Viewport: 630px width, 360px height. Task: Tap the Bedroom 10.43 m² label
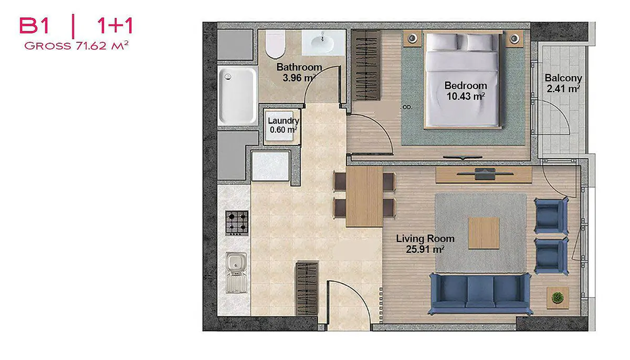point(466,91)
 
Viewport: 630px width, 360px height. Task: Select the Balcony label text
point(563,78)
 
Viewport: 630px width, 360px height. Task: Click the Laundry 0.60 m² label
point(283,125)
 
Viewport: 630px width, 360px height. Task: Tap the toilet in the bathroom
point(275,44)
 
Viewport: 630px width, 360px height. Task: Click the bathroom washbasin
point(323,43)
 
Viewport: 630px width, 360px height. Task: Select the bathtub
point(237,95)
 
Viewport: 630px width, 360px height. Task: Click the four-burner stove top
point(237,223)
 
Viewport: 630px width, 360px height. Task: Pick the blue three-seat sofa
point(480,293)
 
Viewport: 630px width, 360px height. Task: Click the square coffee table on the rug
point(484,233)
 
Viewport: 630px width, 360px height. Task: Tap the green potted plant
point(558,298)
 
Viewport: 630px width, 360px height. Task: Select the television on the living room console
point(485,174)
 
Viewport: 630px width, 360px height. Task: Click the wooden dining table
point(364,197)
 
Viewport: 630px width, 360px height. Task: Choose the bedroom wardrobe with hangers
point(366,65)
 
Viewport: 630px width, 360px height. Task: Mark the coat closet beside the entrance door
point(307,289)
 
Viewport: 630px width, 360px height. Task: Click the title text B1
point(34,26)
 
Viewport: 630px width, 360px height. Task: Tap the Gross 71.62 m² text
point(77,46)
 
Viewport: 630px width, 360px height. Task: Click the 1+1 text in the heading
point(115,26)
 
